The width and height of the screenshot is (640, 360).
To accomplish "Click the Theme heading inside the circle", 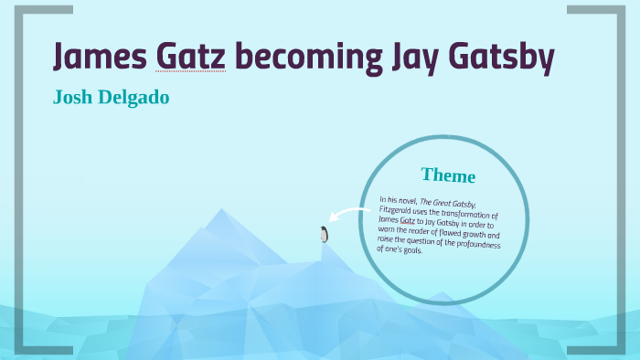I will (448, 175).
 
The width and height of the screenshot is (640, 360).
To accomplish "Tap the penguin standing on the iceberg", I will (323, 234).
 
